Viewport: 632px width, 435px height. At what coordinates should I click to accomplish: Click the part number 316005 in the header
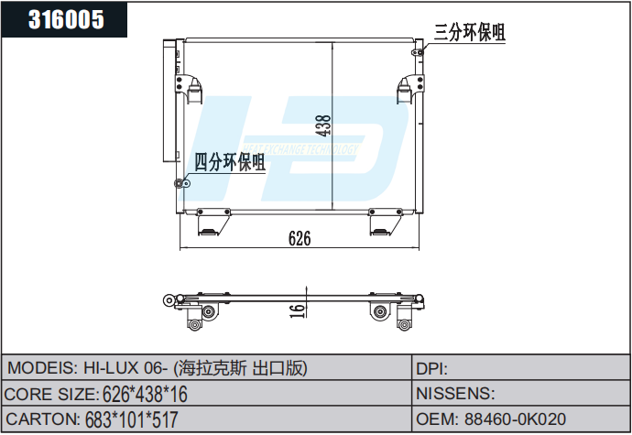point(66,19)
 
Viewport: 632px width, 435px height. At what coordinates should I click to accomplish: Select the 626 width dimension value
point(300,238)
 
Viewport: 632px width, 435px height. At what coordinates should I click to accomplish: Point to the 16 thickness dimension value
point(296,310)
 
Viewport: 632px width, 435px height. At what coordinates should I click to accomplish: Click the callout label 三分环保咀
point(469,32)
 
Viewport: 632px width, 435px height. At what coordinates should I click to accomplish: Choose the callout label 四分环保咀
point(229,163)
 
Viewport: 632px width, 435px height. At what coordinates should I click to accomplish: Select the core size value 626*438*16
point(145,395)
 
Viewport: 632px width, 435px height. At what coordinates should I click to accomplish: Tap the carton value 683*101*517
point(131,420)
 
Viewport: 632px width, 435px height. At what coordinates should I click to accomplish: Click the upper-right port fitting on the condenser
point(418,51)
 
